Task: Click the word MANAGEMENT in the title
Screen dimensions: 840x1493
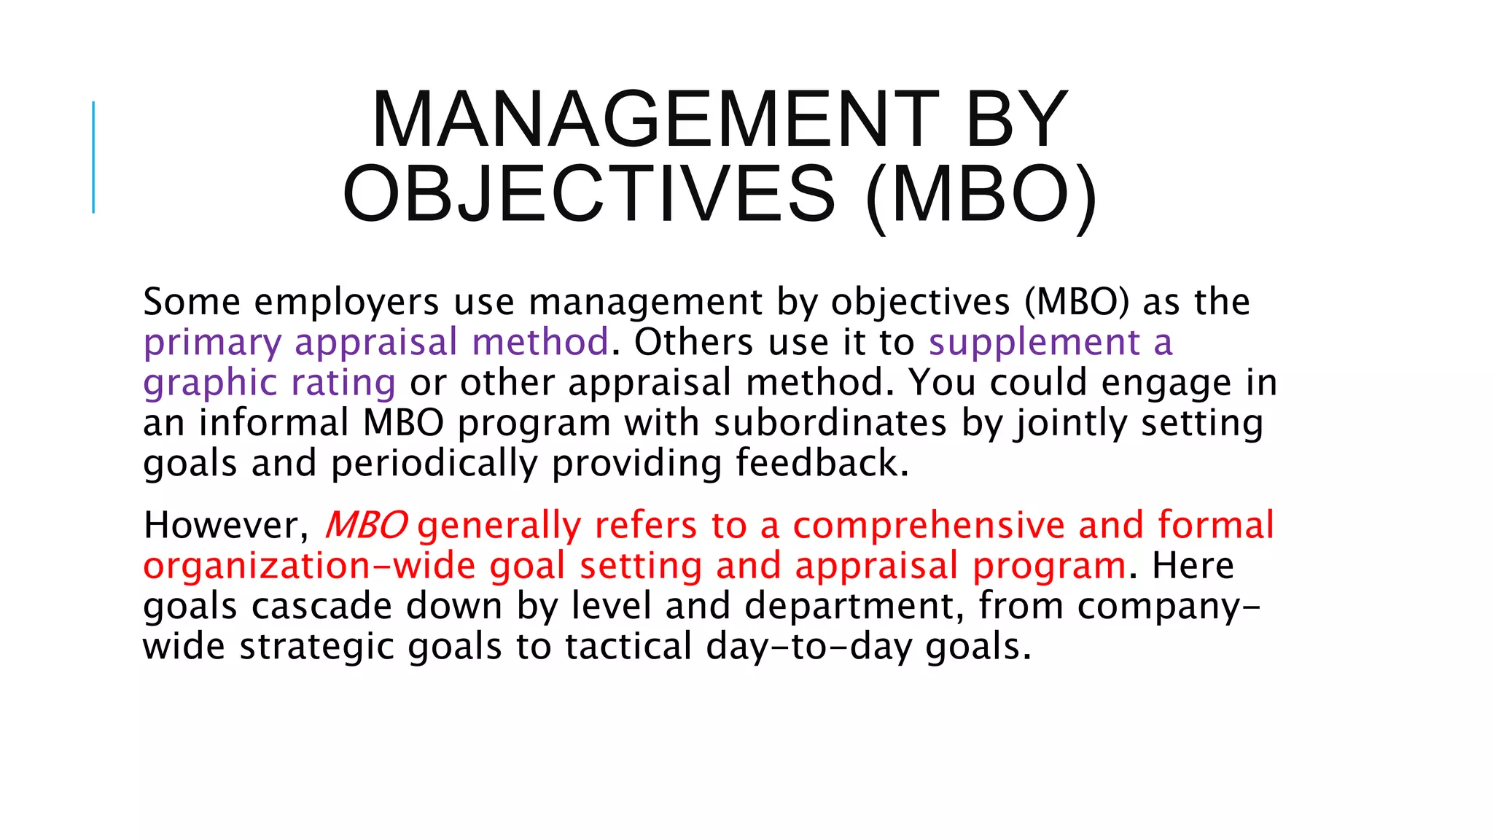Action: click(x=655, y=119)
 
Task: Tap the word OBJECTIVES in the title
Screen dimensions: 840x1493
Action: click(x=589, y=194)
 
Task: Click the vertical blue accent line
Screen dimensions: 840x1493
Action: click(x=93, y=157)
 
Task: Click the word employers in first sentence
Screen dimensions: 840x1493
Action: click(x=346, y=302)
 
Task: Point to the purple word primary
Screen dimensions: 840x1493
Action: click(x=212, y=343)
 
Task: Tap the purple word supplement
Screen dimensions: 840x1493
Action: click(x=1034, y=343)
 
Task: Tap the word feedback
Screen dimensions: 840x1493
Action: click(x=822, y=463)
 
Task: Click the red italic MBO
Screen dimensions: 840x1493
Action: click(x=366, y=525)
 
